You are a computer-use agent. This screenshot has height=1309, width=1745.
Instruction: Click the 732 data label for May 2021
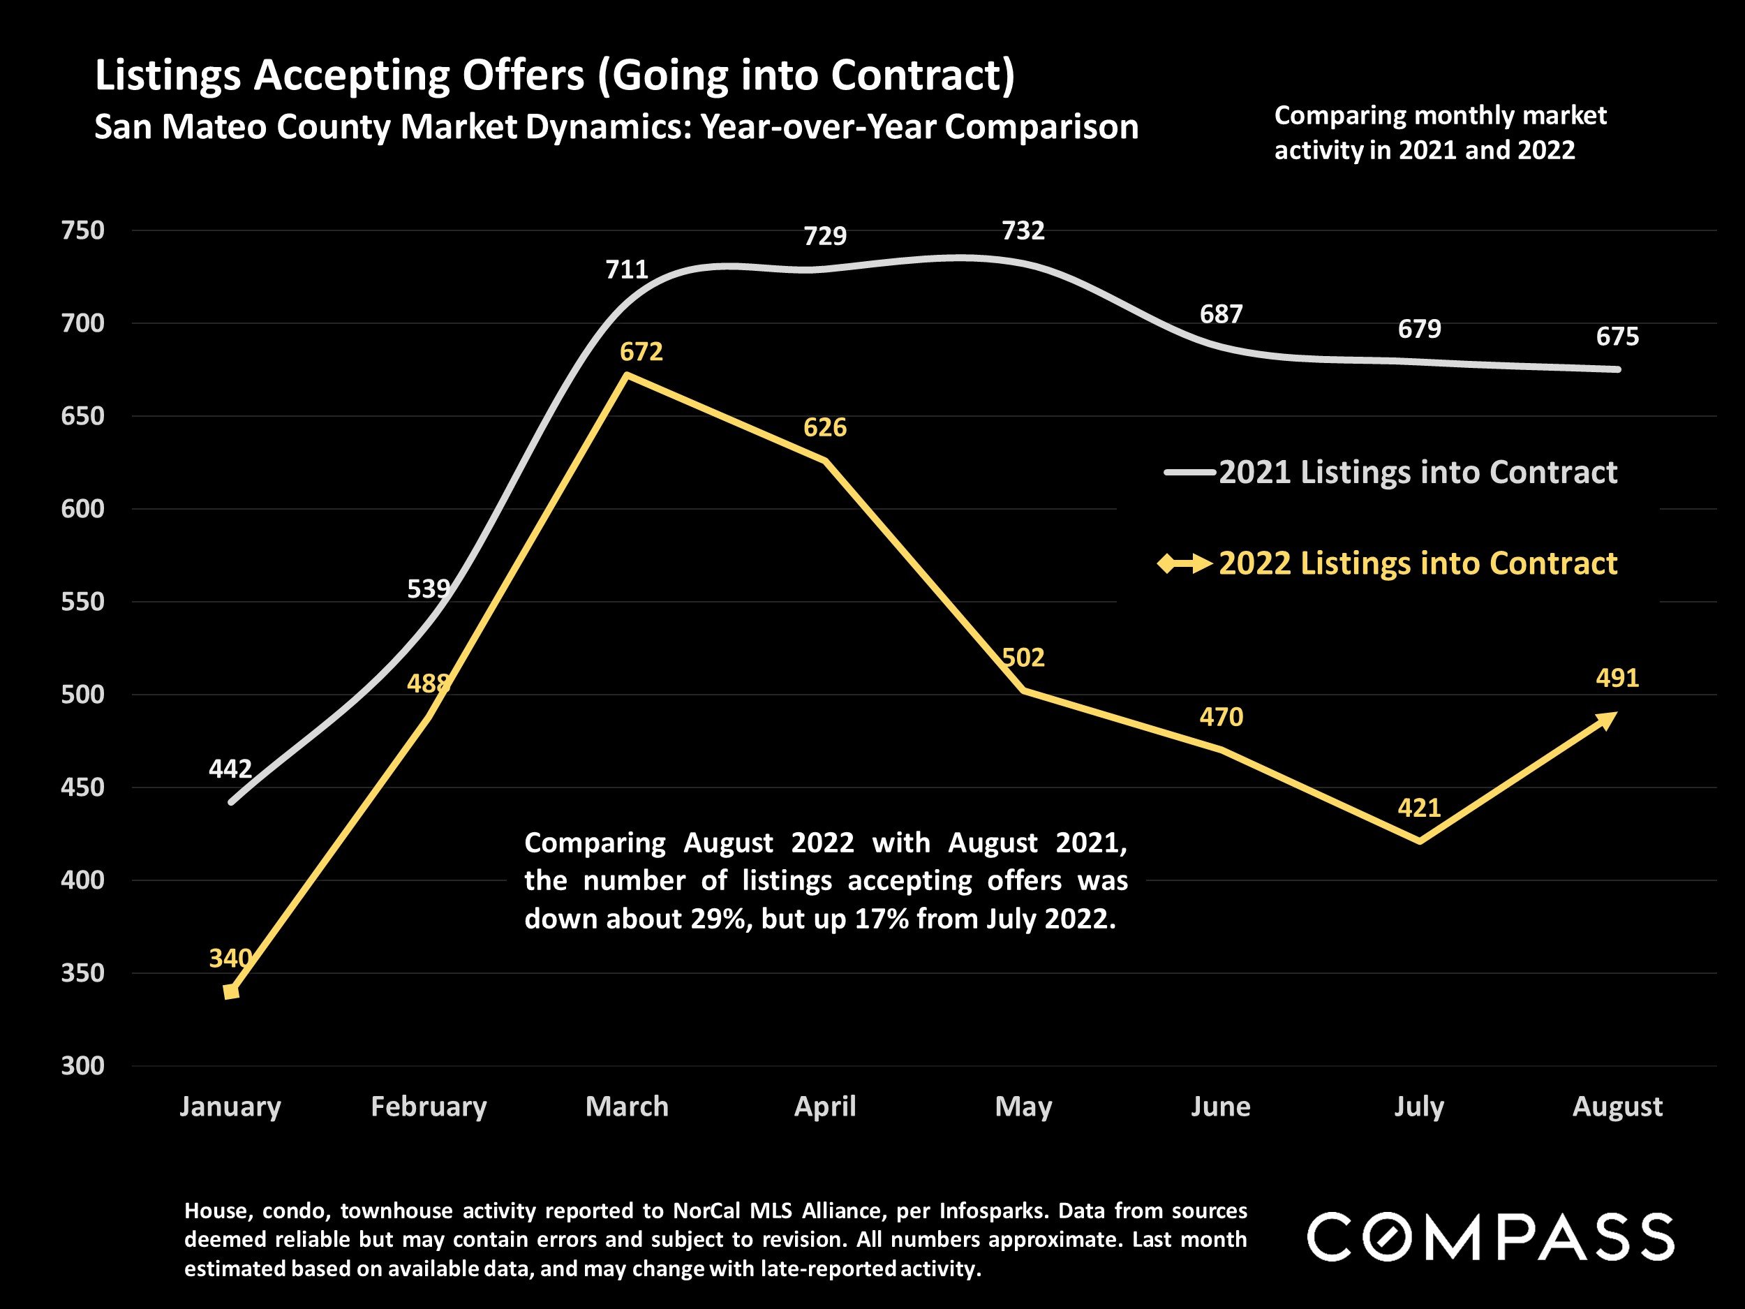pyautogui.click(x=1023, y=230)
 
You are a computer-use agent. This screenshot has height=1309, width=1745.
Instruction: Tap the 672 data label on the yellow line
pyautogui.click(x=641, y=352)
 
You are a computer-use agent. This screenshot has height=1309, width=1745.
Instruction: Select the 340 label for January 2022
pyautogui.click(x=230, y=958)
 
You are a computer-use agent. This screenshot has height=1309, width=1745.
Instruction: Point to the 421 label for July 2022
pyautogui.click(x=1418, y=807)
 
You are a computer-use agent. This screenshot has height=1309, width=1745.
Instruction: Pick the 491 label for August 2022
pyautogui.click(x=1617, y=678)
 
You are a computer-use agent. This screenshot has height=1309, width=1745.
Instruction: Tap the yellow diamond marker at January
pyautogui.click(x=231, y=992)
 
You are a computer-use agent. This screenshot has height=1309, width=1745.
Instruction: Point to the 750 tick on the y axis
pyautogui.click(x=83, y=230)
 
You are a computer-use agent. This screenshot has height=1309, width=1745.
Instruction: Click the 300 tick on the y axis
pyautogui.click(x=83, y=1066)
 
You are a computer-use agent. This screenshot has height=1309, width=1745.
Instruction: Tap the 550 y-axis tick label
pyautogui.click(x=83, y=602)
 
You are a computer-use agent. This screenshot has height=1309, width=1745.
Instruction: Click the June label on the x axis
pyautogui.click(x=1220, y=1107)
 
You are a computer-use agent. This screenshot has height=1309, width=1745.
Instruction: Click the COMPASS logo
pyautogui.click(x=1490, y=1236)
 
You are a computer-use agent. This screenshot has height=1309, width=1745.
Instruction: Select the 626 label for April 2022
pyautogui.click(x=824, y=428)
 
